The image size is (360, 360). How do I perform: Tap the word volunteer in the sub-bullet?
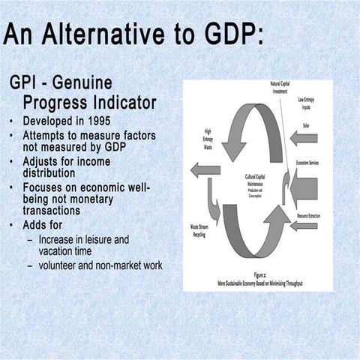65,265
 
